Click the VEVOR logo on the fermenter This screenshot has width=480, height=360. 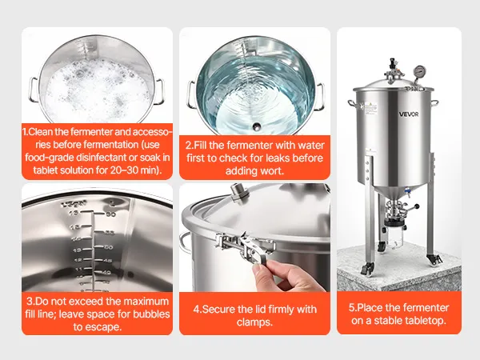pos(408,114)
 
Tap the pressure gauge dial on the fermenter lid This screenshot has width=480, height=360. pos(418,71)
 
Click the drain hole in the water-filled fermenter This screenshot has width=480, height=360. pos(257,126)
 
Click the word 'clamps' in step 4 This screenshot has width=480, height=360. pos(254,322)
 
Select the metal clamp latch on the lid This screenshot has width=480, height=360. pos(245,245)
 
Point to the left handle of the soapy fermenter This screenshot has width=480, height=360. pos(34,90)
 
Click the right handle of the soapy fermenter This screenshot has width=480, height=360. pos(159,91)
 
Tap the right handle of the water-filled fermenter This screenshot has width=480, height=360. pos(319,97)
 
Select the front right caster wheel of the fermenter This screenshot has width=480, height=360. pos(434,259)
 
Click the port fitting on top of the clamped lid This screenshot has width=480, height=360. pos(238,193)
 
